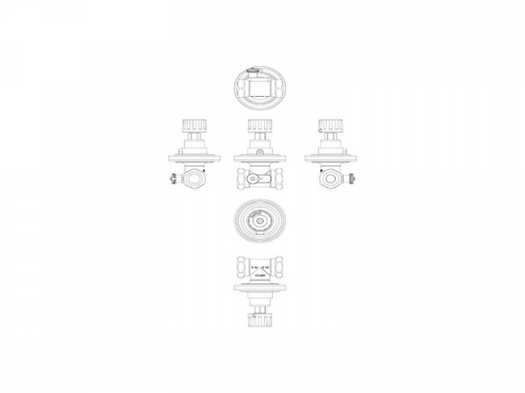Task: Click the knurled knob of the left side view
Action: tap(192, 127)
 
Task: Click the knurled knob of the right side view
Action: tap(331, 127)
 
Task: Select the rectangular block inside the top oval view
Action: tap(260, 87)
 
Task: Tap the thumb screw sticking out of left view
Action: tap(171, 181)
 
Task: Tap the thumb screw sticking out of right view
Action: tap(352, 181)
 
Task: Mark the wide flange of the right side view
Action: tap(331, 158)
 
